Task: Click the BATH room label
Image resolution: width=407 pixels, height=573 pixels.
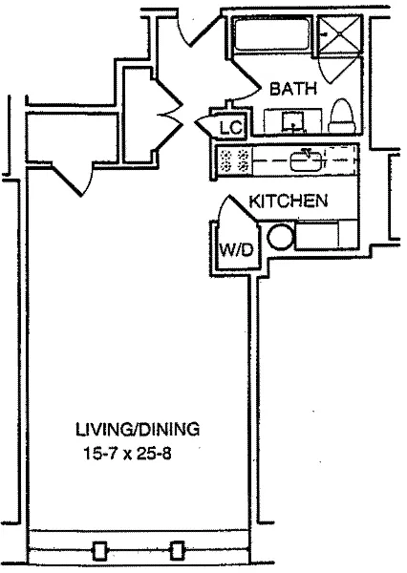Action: (x=293, y=89)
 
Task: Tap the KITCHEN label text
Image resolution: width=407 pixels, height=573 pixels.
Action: (x=289, y=201)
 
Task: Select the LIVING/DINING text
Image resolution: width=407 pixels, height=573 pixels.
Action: (x=138, y=430)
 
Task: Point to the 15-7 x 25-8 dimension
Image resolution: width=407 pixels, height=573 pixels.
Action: (x=128, y=455)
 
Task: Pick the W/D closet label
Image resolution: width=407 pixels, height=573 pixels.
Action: (x=236, y=250)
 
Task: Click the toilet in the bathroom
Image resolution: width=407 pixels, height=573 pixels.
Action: (x=342, y=116)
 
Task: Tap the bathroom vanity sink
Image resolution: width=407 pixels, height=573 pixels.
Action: (x=292, y=121)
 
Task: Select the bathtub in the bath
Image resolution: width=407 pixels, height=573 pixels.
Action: (x=272, y=35)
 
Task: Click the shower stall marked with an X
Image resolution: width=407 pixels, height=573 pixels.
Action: (x=340, y=35)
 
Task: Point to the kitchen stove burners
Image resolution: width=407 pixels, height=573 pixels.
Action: (x=233, y=160)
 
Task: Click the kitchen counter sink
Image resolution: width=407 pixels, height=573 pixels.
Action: (x=307, y=160)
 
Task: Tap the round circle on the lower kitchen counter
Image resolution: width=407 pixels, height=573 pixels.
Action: (x=281, y=238)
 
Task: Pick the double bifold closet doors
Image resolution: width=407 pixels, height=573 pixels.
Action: (x=169, y=116)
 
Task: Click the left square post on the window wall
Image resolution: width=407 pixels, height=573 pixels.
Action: (x=99, y=551)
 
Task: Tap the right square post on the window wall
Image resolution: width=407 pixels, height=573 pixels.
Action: (x=178, y=551)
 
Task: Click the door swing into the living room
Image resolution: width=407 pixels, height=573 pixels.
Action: (x=72, y=180)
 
